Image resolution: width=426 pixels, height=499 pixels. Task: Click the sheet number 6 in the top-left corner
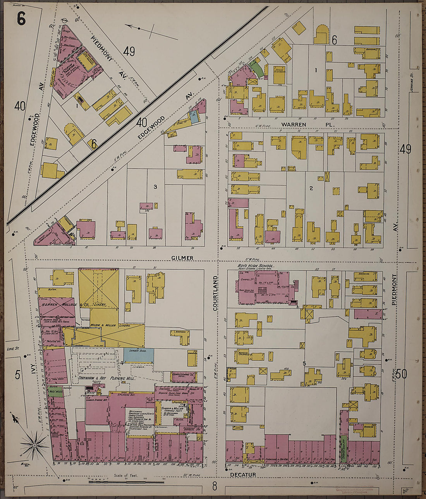click(21, 18)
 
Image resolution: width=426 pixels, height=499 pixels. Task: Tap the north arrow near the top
click(151, 31)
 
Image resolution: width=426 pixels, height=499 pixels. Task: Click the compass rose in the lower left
click(34, 446)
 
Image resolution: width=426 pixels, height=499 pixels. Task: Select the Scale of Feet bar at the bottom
click(126, 482)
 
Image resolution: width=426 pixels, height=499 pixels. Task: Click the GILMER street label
click(182, 258)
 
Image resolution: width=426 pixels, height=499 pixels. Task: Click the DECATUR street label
click(243, 475)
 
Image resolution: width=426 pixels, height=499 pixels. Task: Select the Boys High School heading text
click(256, 266)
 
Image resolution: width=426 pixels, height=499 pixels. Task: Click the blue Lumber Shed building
click(139, 355)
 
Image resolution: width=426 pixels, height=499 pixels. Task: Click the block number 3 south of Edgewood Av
click(155, 187)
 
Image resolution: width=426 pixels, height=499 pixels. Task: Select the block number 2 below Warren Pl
click(311, 188)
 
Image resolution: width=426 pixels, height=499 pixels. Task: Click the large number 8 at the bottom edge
click(215, 486)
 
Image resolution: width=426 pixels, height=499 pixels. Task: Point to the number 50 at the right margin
click(402, 374)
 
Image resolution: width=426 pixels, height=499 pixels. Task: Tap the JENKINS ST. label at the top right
click(411, 84)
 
